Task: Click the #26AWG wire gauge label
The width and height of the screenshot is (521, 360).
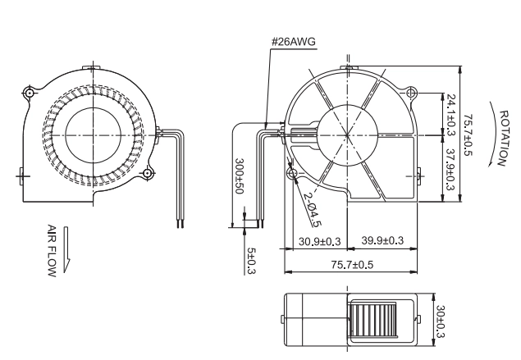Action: (294, 42)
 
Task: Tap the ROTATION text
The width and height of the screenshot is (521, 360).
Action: (504, 138)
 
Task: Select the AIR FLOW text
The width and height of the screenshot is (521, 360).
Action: (52, 250)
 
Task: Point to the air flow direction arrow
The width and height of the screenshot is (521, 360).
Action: (66, 250)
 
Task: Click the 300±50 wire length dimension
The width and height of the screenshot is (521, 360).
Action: (240, 175)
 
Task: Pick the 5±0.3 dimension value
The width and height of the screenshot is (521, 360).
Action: (252, 261)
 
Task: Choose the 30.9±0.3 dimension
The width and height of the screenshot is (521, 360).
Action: (319, 241)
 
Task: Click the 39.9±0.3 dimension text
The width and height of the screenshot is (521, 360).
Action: (382, 240)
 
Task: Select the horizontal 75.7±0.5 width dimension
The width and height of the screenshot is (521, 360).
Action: (352, 265)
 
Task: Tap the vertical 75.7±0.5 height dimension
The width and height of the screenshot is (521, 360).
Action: (468, 135)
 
